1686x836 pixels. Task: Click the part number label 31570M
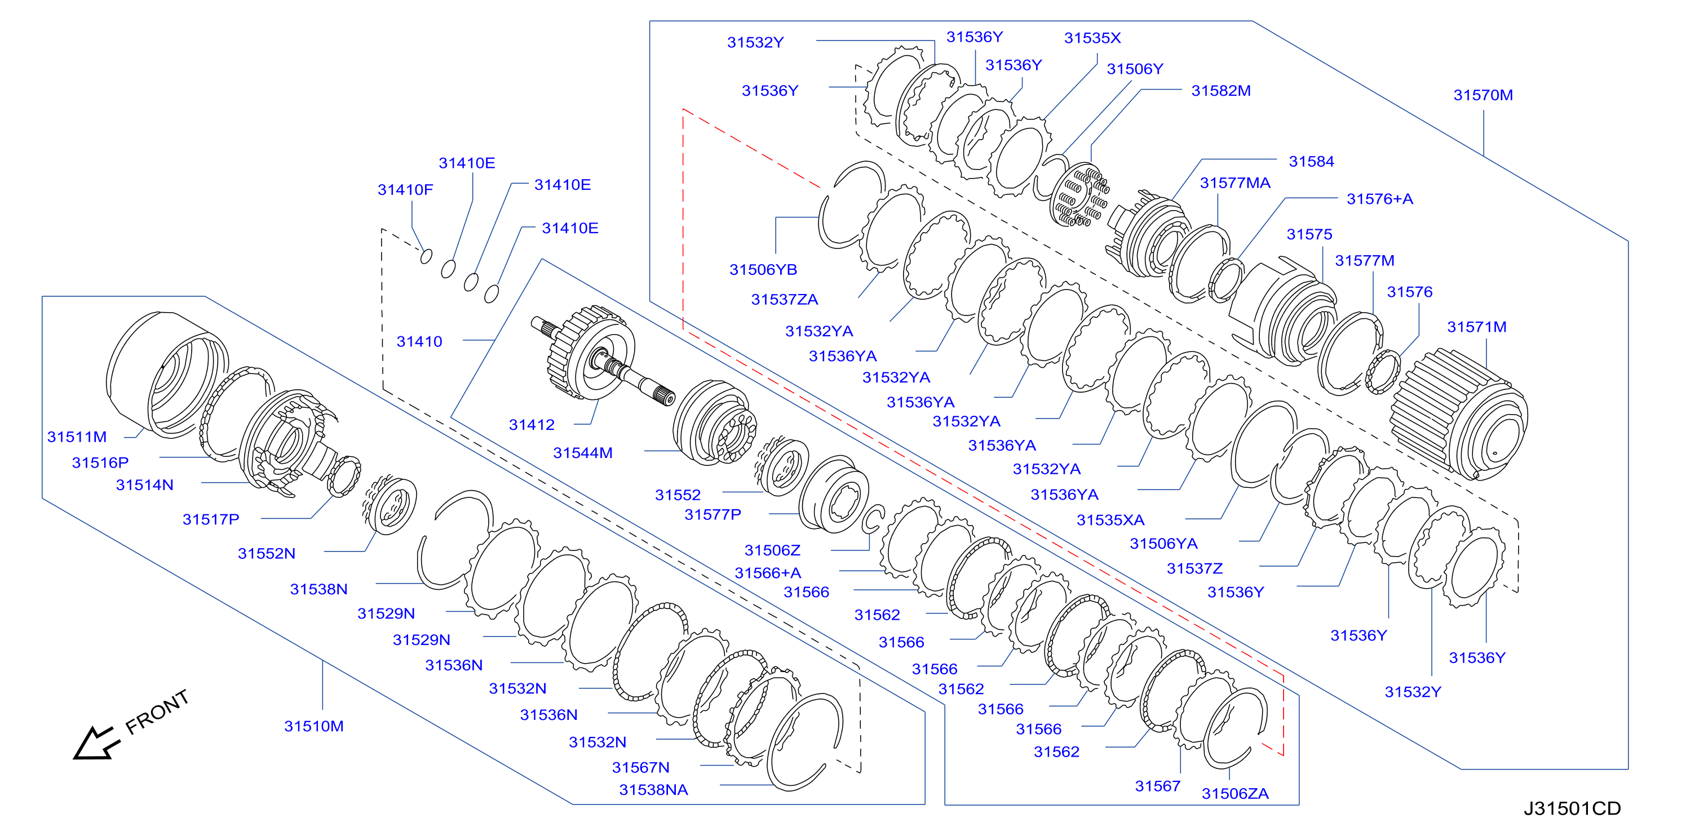(x=1483, y=96)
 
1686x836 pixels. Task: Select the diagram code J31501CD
(x=1572, y=808)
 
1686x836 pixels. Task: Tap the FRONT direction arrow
(x=96, y=743)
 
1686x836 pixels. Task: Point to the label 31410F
(x=405, y=190)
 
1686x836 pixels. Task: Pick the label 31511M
(x=77, y=437)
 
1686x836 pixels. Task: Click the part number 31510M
(x=313, y=726)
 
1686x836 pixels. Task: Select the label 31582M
(x=1220, y=91)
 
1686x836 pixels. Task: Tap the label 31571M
(x=1476, y=327)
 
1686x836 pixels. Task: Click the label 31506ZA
(x=1235, y=794)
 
